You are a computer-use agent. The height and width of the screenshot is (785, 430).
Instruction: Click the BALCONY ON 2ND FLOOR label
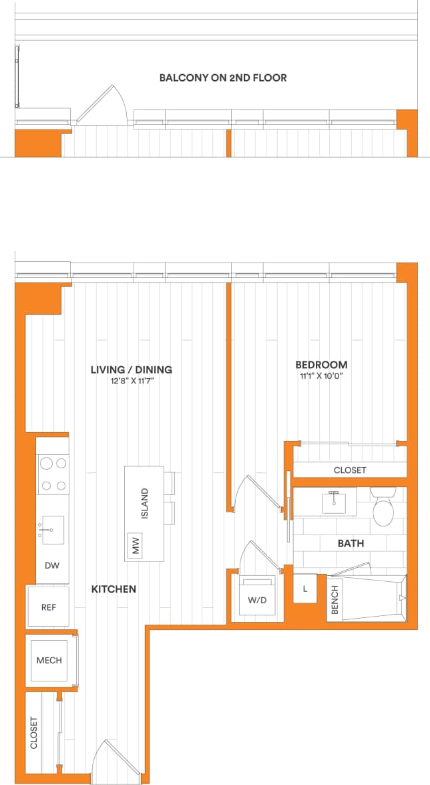click(x=223, y=77)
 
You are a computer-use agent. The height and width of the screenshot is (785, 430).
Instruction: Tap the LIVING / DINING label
click(x=132, y=369)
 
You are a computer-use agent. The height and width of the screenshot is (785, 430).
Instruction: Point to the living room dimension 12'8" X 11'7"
click(x=132, y=381)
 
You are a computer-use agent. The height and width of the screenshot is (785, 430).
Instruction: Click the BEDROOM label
click(x=321, y=365)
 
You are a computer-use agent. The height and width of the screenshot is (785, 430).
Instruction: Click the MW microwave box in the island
click(x=136, y=546)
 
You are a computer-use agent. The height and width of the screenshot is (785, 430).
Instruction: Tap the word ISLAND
click(x=145, y=503)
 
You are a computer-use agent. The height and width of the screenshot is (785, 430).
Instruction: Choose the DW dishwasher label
click(x=52, y=565)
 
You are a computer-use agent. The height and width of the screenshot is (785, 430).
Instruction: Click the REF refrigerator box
click(x=49, y=607)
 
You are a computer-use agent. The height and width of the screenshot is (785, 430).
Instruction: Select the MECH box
click(x=49, y=660)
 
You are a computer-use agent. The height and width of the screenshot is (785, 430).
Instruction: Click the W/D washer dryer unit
click(x=257, y=599)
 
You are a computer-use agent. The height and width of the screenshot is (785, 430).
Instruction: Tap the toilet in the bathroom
click(x=383, y=510)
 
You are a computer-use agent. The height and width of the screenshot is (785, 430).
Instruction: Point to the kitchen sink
click(x=52, y=530)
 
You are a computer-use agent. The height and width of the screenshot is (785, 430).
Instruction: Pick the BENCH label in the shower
click(x=335, y=599)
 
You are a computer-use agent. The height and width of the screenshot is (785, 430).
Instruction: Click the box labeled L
click(x=304, y=589)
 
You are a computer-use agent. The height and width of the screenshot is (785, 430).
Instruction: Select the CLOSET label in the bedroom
click(x=350, y=470)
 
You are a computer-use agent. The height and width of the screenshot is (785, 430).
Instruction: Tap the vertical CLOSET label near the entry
click(x=34, y=733)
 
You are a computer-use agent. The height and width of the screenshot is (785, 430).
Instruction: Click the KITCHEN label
click(x=114, y=589)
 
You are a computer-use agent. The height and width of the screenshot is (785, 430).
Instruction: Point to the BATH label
click(x=350, y=544)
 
